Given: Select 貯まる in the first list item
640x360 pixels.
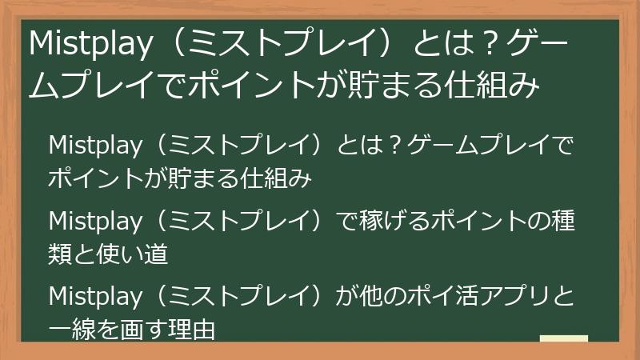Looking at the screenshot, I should (210, 178).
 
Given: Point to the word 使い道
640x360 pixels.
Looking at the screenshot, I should (134, 254).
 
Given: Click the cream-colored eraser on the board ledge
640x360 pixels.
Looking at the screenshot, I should (564, 338).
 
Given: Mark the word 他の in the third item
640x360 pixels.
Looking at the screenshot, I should (389, 297).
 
